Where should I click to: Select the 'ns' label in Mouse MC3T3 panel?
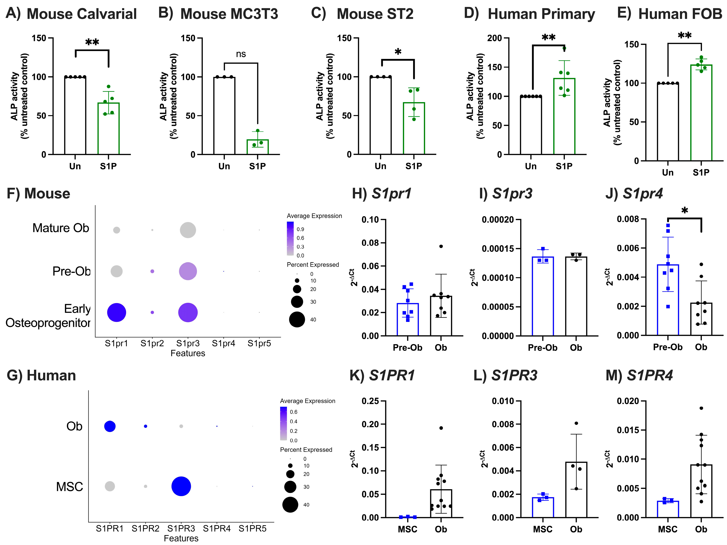click(x=241, y=54)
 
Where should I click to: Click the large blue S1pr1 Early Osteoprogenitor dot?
click(x=116, y=312)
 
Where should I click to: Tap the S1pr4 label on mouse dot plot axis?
click(x=224, y=343)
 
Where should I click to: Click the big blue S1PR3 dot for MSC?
click(x=181, y=486)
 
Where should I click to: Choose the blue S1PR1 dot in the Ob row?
click(x=110, y=426)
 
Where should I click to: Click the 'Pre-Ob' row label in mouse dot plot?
click(x=71, y=271)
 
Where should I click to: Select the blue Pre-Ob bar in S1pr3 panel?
click(x=543, y=296)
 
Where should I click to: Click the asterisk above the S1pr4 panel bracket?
click(x=685, y=210)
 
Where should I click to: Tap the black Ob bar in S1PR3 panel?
click(x=576, y=490)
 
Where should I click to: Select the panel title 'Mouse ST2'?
click(x=375, y=14)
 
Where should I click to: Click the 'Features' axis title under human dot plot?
click(x=181, y=538)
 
